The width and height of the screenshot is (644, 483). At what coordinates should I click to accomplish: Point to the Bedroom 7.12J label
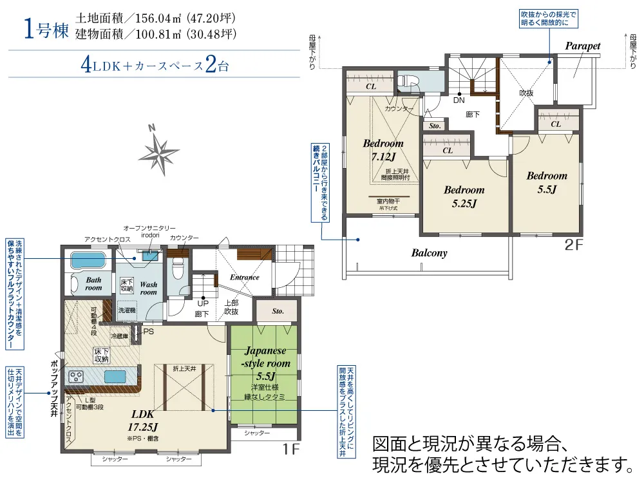[383, 150]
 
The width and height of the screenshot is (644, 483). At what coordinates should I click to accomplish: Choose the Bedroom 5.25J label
[464, 197]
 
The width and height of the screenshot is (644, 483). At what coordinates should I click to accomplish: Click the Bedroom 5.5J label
[547, 182]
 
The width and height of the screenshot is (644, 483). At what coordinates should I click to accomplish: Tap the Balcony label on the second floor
[429, 253]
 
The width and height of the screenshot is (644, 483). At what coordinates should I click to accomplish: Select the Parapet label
[582, 46]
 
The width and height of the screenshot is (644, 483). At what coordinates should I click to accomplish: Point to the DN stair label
[459, 100]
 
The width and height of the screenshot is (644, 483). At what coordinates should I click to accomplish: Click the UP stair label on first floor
[203, 303]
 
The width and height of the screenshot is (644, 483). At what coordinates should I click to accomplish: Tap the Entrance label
[245, 278]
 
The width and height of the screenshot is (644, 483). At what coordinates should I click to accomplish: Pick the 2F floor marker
[573, 244]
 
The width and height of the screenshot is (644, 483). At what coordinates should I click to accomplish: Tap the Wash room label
[148, 288]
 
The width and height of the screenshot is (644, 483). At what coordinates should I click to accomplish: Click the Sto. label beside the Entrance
[278, 311]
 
